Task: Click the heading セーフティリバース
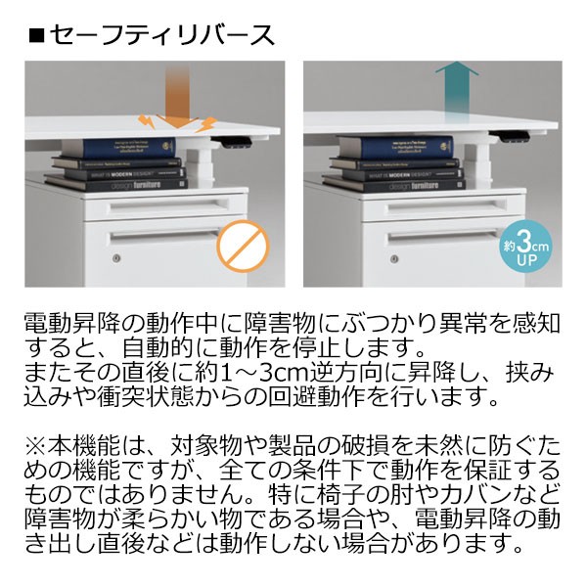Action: coord(162,35)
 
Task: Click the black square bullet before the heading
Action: coord(36,36)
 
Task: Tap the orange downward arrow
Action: coord(177,94)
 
